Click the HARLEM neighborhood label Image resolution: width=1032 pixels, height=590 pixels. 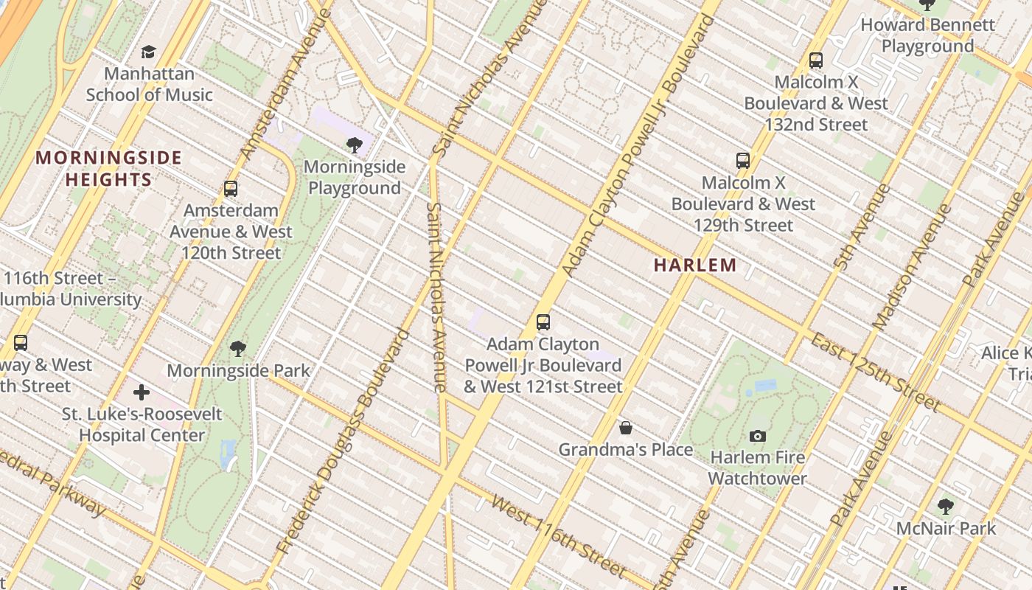pos(694,265)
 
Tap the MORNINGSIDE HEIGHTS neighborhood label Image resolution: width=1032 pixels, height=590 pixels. pos(108,168)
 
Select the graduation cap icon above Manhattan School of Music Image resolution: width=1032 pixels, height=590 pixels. pos(149,52)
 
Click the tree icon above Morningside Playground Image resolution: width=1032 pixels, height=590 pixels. pos(354,145)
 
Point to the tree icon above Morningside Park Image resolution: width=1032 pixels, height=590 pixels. pos(237,348)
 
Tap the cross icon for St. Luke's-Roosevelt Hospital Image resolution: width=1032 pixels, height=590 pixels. pos(142,392)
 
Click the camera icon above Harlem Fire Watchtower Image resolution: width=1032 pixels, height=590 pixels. pos(757,436)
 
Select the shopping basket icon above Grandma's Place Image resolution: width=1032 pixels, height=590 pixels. pos(625,428)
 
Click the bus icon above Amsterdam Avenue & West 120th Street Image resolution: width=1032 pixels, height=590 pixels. pos(231,189)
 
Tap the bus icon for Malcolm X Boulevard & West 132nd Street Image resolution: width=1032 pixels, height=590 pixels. pos(815,60)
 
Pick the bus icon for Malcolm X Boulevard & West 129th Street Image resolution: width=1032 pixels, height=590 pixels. pos(742,160)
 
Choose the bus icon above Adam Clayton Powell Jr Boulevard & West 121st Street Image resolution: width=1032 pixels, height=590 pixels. pos(543,322)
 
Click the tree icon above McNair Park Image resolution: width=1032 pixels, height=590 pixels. pos(946,507)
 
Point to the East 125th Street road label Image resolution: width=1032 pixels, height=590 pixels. pos(876,372)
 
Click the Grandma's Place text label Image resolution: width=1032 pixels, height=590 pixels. pos(625,449)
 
